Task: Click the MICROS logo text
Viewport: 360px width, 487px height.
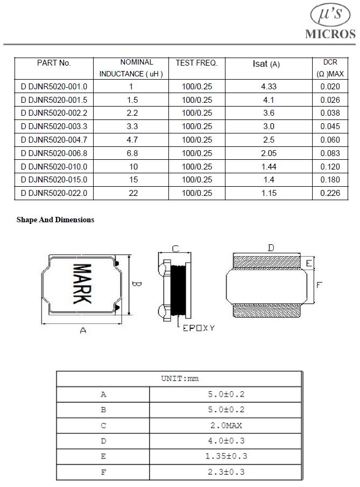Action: tap(330, 33)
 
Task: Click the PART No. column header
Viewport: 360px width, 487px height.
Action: tap(54, 63)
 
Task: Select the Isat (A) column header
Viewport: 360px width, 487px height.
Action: tap(266, 64)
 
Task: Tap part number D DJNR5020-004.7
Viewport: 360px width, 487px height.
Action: tap(54, 140)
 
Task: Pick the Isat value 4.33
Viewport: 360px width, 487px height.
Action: tap(269, 86)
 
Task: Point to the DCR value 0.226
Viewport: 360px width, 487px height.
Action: tap(330, 193)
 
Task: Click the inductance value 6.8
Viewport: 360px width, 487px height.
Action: tap(132, 153)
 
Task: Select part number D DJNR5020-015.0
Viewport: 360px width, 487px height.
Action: tap(54, 180)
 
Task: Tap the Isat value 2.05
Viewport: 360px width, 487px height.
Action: tap(269, 153)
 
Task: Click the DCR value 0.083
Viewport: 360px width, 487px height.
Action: tap(330, 153)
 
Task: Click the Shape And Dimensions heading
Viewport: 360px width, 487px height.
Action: tap(55, 220)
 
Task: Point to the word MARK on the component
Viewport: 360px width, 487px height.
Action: tap(82, 284)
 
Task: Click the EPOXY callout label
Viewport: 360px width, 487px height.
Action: tap(199, 327)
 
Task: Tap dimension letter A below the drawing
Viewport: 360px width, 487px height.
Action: tap(83, 331)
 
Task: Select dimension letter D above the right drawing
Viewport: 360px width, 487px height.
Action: tap(271, 248)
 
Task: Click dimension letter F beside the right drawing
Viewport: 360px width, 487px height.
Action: tap(319, 285)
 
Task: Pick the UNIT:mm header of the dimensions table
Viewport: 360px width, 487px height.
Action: tap(180, 378)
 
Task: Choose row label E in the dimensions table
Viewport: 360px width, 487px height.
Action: tap(103, 456)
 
